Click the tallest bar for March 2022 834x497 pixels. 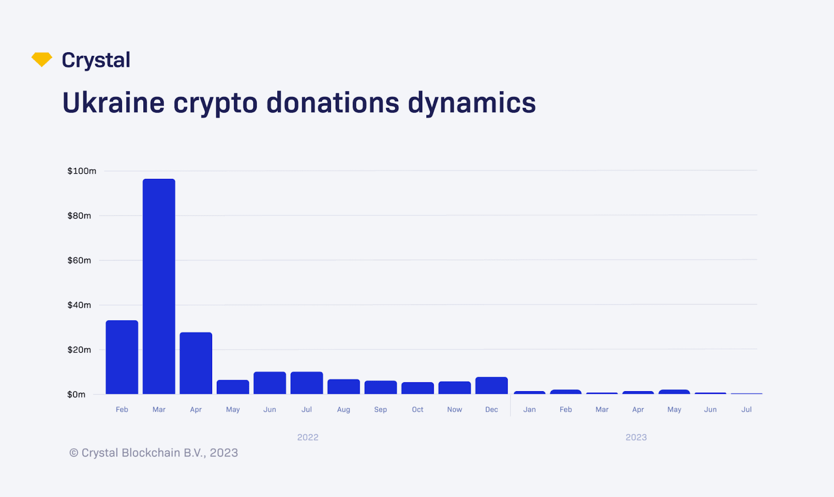click(x=159, y=286)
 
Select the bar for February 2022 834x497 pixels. click(x=122, y=357)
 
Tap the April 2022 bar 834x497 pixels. click(x=196, y=363)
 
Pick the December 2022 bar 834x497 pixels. click(x=492, y=385)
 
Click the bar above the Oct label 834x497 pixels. click(x=418, y=388)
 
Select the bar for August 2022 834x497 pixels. click(x=344, y=386)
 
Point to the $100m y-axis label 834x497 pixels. click(x=82, y=171)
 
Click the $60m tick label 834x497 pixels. click(x=79, y=260)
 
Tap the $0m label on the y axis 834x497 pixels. click(x=76, y=394)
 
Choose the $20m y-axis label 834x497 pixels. click(x=79, y=350)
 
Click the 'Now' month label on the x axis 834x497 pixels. click(x=455, y=409)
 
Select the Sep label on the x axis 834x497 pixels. click(x=381, y=409)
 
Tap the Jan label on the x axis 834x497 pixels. click(x=530, y=409)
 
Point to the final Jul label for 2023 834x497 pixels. click(x=746, y=409)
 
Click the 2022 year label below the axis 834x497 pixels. click(x=308, y=437)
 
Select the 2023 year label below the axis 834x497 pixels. click(x=636, y=437)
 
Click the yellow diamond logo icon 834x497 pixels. click(x=42, y=59)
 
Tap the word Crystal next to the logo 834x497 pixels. click(x=96, y=60)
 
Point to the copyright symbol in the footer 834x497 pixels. click(x=74, y=453)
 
